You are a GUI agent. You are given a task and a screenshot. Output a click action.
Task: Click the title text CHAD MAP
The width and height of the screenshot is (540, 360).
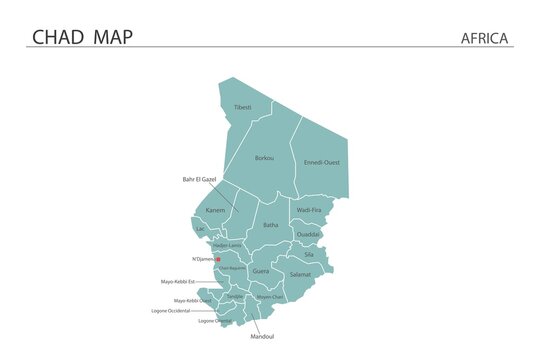[x=82, y=37]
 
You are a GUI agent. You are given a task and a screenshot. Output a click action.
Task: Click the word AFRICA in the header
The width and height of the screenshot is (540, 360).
[x=485, y=39]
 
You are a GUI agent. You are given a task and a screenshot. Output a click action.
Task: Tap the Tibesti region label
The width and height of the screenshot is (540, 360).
[x=243, y=107]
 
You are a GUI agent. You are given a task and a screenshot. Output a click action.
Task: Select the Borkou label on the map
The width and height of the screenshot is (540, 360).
[x=264, y=158]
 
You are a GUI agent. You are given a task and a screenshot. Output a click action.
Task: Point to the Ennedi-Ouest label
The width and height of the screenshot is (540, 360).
[x=322, y=162]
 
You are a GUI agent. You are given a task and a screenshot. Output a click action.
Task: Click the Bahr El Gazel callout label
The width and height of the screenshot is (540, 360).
[x=199, y=179]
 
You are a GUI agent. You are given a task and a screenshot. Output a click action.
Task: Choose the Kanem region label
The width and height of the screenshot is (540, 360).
[x=215, y=211]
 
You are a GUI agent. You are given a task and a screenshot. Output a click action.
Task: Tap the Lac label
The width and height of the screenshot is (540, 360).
[x=200, y=229]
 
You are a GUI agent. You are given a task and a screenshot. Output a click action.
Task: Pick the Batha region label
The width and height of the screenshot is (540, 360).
[x=271, y=225]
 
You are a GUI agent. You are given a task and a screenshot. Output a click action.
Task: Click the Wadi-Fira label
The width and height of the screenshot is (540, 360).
[x=310, y=210]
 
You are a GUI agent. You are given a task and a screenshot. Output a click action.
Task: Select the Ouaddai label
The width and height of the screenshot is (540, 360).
[x=309, y=234]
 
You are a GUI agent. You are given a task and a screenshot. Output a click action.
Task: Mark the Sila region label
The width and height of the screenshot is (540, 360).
[x=308, y=255]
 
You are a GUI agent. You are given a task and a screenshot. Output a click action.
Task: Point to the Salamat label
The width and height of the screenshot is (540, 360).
[x=300, y=273]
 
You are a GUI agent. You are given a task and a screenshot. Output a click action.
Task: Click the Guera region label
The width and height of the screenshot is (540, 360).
[x=261, y=271]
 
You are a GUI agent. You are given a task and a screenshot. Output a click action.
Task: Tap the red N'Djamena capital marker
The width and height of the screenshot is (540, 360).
[x=218, y=260]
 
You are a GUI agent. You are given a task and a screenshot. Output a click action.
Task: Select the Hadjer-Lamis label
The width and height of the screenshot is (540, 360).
[x=228, y=245]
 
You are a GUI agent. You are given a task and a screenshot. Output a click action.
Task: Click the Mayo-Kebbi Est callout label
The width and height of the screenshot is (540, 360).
[x=178, y=282]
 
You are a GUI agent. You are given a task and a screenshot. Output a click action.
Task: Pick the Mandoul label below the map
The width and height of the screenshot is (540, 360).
[x=261, y=336]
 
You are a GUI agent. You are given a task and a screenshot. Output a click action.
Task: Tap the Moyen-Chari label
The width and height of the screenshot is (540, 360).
[x=270, y=296]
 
